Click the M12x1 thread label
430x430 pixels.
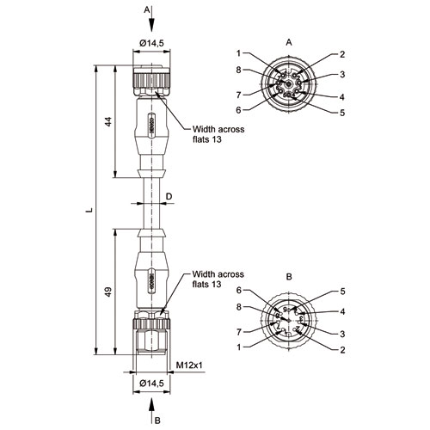189,365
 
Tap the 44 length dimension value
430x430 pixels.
107,122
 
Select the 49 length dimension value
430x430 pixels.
107,292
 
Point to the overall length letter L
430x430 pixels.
89,210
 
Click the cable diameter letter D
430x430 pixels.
169,196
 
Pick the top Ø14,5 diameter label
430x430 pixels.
151,43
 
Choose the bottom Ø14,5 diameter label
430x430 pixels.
151,383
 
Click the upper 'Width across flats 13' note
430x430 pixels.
218,134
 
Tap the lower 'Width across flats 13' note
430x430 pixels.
218,279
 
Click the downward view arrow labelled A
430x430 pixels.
152,19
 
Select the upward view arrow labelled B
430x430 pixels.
152,411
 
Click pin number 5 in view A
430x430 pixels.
342,113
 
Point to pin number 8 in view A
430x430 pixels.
238,70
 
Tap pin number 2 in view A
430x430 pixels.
342,54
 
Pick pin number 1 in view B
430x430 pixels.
239,347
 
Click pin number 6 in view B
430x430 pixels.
239,290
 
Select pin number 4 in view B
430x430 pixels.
342,311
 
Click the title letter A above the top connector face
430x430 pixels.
289,42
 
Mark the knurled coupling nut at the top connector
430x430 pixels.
151,81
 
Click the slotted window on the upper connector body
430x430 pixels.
152,126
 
